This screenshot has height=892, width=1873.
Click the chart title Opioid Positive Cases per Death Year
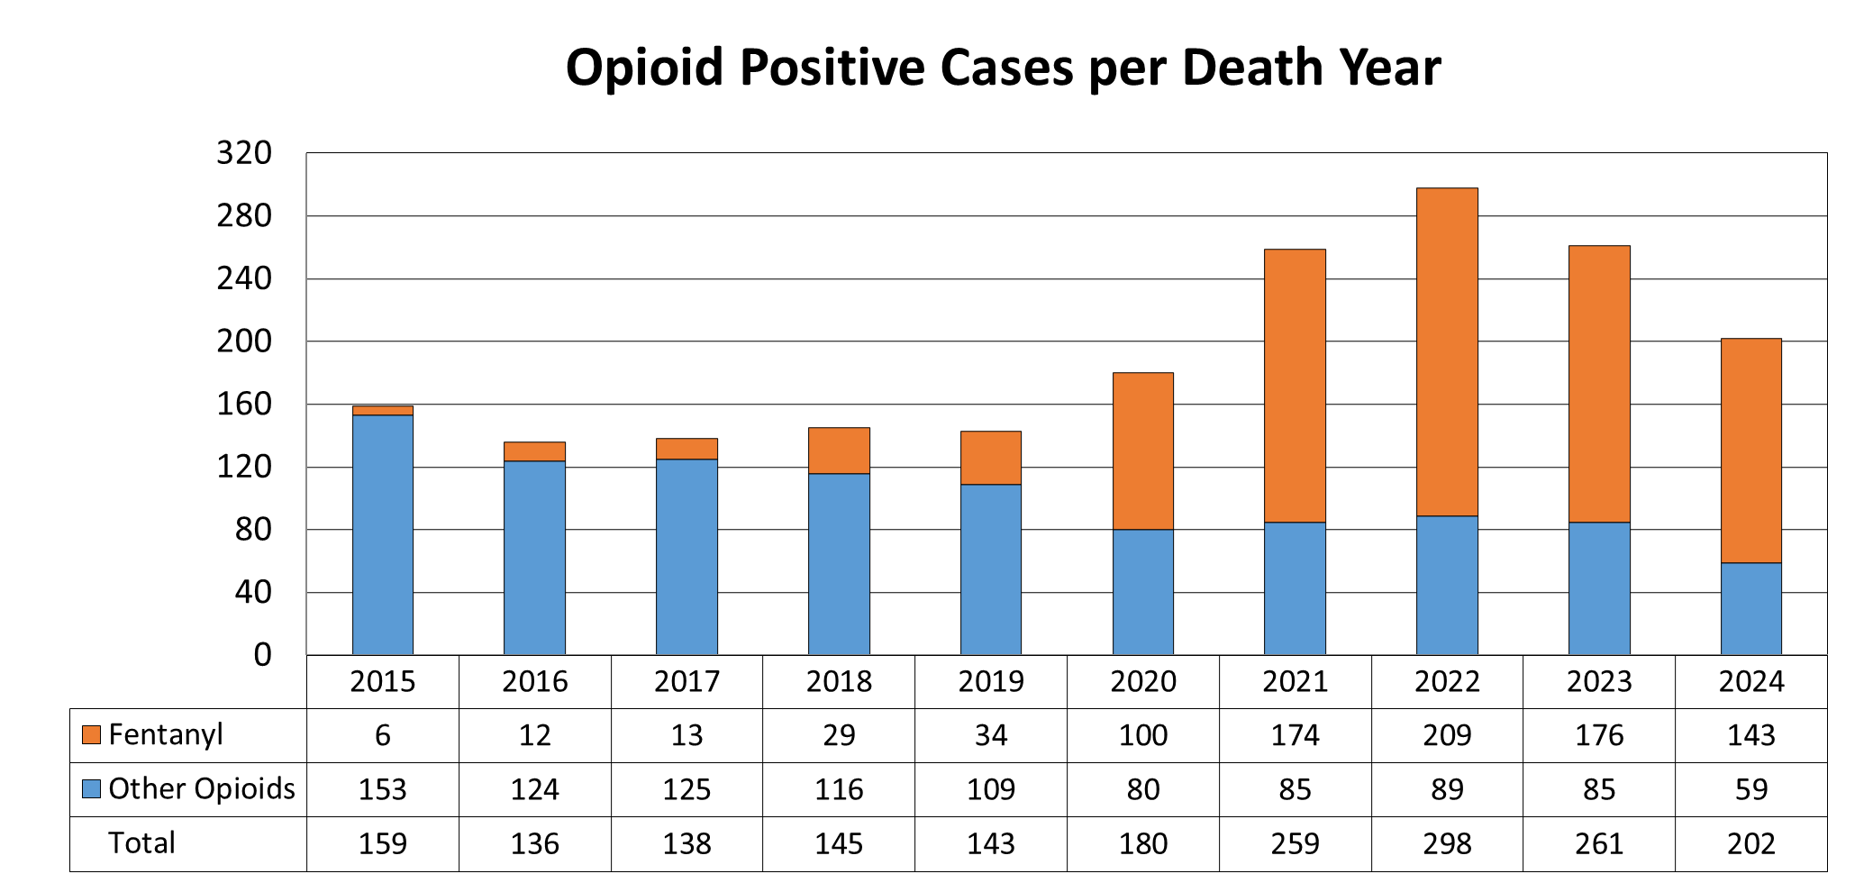coord(1002,68)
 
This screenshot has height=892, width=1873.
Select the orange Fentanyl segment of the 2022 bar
coord(1447,351)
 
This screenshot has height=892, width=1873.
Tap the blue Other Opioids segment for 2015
coord(382,534)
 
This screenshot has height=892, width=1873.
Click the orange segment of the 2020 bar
coord(1142,451)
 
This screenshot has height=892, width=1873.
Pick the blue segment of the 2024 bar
coord(1750,608)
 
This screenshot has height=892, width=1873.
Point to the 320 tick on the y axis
coord(244,153)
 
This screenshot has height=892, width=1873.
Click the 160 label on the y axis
coord(244,405)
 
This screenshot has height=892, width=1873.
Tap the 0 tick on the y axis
coord(262,655)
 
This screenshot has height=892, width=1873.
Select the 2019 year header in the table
coord(991,682)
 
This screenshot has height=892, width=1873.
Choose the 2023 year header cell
coord(1599,682)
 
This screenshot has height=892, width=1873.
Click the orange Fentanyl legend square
coord(91,735)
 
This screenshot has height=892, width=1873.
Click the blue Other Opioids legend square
coord(91,789)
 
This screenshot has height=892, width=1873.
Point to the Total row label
coord(141,843)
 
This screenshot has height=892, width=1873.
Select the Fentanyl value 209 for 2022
coord(1447,736)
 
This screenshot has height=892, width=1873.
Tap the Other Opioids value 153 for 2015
coord(382,790)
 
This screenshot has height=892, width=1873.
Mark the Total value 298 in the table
coord(1447,844)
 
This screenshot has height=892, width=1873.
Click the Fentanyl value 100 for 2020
coord(1142,736)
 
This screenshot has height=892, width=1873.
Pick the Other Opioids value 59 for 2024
coord(1750,790)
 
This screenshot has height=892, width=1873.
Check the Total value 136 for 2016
coord(534,844)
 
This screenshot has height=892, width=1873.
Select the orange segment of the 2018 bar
coord(839,451)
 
